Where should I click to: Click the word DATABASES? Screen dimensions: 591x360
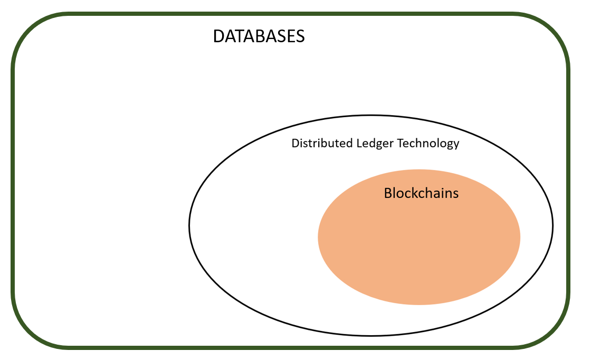point(259,36)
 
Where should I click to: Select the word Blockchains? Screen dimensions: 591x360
point(421,193)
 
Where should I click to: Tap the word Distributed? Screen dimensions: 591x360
point(322,143)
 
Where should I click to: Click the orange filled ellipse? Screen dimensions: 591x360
point(419,237)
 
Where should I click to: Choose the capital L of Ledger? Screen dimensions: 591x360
point(359,143)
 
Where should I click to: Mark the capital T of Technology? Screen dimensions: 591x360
point(401,143)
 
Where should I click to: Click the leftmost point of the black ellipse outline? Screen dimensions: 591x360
point(189,225)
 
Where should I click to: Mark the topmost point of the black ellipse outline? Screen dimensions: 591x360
point(371,116)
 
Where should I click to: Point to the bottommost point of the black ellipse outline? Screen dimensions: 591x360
point(371,336)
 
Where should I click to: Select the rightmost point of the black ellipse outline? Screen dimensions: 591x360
point(553,225)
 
